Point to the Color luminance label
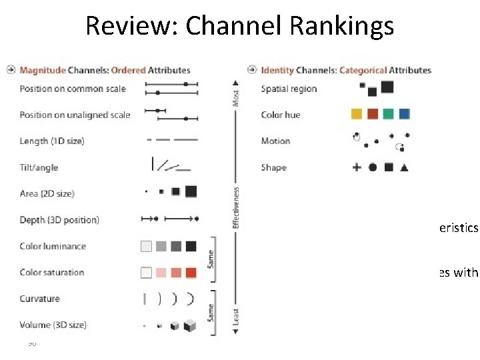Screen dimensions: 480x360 tap(53, 246)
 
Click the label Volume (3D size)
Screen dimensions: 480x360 tap(53, 325)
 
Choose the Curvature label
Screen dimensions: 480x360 tap(39, 299)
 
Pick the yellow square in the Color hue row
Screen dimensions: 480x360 tap(357, 115)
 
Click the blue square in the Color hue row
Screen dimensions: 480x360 tap(404, 115)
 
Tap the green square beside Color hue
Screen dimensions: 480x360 tap(389, 115)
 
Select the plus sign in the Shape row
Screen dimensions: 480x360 tap(357, 167)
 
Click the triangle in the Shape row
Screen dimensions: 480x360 tap(404, 167)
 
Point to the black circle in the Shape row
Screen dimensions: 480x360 tap(373, 167)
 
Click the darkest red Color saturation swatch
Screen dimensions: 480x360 tap(191, 273)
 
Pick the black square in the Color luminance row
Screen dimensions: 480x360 tap(191, 246)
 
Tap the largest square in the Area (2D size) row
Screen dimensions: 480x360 tap(191, 192)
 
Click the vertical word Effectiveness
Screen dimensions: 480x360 tap(236, 207)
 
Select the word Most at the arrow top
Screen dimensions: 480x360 tap(236, 98)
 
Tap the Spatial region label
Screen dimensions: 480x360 tap(289, 89)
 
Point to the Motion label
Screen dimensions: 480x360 tap(275, 141)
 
